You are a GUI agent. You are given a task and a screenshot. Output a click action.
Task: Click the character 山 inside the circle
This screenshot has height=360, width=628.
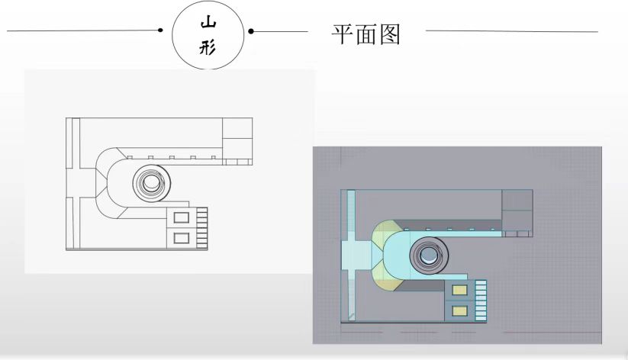coord(208,24)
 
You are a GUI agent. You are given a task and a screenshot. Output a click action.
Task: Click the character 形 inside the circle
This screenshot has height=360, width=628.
coord(208,47)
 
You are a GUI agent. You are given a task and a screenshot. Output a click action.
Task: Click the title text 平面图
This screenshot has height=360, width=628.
coord(366,34)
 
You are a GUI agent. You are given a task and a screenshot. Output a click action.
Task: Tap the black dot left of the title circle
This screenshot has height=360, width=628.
coord(161,31)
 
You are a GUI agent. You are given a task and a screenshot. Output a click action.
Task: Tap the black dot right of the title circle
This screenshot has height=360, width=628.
coord(251,32)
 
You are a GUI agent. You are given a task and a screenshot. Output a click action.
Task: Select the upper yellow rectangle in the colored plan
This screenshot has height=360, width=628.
coord(459,290)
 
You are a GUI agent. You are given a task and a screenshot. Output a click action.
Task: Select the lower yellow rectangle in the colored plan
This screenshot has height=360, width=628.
coord(459,310)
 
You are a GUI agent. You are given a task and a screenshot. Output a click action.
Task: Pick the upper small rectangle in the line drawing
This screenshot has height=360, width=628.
coord(182,217)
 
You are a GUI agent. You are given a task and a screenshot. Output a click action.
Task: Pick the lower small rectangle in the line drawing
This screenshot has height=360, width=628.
coord(182,238)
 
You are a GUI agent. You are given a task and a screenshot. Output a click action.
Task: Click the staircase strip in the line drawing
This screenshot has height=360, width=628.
coord(202,225)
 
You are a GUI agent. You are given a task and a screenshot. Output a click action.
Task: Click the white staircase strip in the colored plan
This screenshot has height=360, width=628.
coord(481,300)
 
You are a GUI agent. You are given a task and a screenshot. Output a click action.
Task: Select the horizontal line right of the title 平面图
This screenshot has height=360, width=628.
coord(511,31)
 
